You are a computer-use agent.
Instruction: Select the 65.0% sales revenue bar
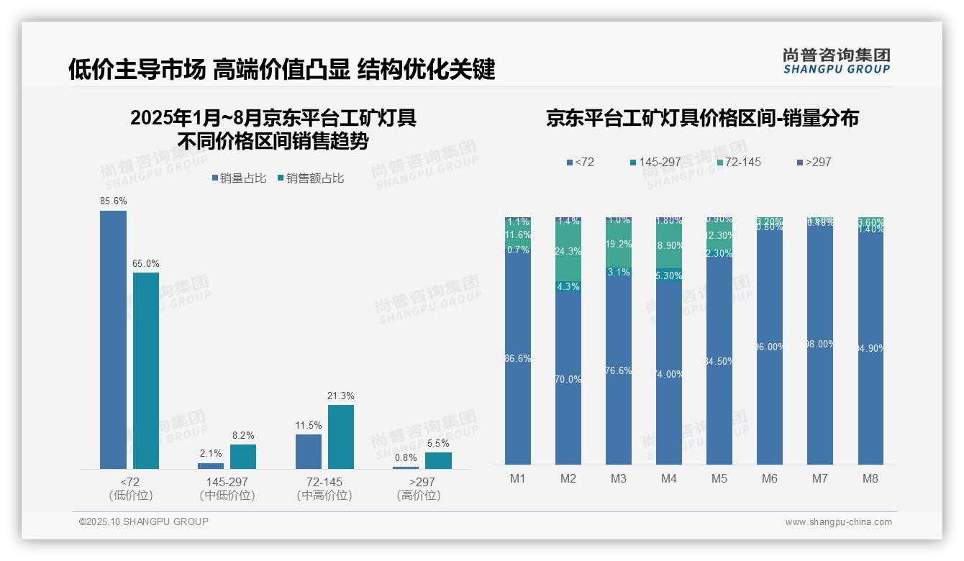146,370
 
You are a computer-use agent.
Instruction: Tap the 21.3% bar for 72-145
341,437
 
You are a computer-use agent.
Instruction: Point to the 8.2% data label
243,436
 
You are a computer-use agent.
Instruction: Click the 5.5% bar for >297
438,460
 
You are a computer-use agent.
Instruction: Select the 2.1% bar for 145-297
211,466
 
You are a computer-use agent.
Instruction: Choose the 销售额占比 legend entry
310,178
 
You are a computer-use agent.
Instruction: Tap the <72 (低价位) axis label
131,488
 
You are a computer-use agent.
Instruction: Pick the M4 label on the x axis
668,479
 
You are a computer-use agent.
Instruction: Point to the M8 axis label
870,479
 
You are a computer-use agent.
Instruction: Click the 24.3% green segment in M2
568,252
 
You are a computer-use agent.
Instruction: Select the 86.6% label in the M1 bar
518,358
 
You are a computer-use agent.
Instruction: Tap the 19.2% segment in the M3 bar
619,245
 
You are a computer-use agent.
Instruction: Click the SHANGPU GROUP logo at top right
836,61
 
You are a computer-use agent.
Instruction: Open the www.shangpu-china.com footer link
838,522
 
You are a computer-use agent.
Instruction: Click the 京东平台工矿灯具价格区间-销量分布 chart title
702,119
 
